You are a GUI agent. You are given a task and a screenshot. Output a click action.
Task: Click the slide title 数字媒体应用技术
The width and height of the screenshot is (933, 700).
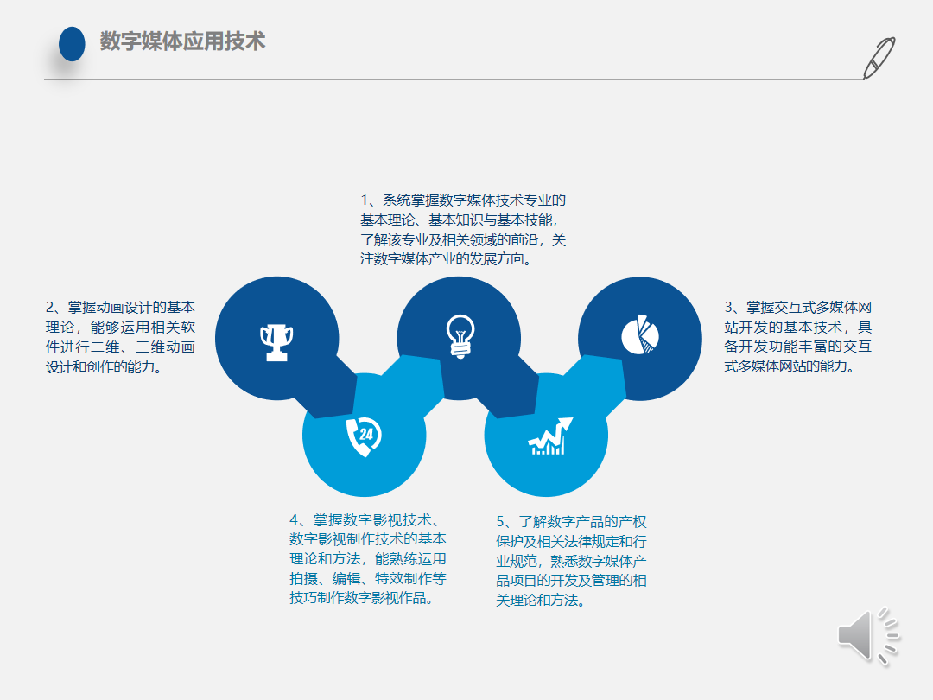pyautogui.click(x=182, y=41)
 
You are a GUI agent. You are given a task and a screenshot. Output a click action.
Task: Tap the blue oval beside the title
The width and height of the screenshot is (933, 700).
pyautogui.click(x=72, y=44)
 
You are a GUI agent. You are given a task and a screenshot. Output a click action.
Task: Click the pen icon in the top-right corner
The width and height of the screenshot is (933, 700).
pyautogui.click(x=879, y=58)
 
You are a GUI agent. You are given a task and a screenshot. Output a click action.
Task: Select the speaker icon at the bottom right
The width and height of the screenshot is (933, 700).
pyautogui.click(x=869, y=636)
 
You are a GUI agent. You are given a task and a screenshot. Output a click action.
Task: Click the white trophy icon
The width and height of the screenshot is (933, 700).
pyautogui.click(x=276, y=342)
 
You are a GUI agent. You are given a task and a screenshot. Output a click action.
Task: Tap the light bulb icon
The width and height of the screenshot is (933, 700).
pyautogui.click(x=460, y=335)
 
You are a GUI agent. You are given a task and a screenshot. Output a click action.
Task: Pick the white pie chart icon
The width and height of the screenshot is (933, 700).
pyautogui.click(x=640, y=334)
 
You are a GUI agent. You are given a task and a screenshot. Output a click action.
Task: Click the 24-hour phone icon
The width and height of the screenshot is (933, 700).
pyautogui.click(x=365, y=436)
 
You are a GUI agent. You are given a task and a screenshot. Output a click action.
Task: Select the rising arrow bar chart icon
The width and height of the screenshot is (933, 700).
pyautogui.click(x=550, y=436)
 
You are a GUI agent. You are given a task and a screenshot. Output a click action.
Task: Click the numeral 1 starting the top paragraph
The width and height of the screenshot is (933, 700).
pyautogui.click(x=365, y=200)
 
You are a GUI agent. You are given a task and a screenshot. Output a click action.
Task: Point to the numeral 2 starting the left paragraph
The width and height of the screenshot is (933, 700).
pyautogui.click(x=50, y=307)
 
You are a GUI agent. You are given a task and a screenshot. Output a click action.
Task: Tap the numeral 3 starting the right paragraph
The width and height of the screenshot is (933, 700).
pyautogui.click(x=729, y=307)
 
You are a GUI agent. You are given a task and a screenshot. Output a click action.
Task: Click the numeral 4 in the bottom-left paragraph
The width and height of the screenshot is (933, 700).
pyautogui.click(x=294, y=519)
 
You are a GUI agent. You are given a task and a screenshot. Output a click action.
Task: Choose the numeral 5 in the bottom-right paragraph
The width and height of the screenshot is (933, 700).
pyautogui.click(x=500, y=521)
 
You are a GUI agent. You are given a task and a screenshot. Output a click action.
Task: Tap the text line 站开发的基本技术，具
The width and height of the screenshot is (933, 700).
pyautogui.click(x=798, y=327)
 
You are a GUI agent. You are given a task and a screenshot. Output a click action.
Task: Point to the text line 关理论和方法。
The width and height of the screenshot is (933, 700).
pyautogui.click(x=541, y=600)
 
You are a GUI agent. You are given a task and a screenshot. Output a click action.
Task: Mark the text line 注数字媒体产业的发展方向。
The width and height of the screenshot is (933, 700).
pyautogui.click(x=447, y=259)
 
